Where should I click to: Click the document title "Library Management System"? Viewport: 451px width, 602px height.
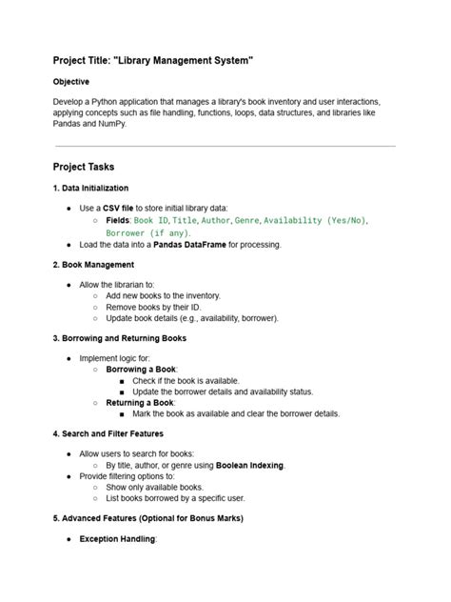[x=153, y=61]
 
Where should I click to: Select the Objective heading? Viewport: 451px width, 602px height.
[x=77, y=83]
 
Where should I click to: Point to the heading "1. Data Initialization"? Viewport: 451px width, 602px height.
[x=90, y=188]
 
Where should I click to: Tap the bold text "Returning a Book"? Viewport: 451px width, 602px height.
[x=141, y=403]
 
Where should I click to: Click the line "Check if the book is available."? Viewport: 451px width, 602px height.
[x=186, y=380]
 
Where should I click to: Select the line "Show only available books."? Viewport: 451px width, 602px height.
[x=162, y=487]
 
